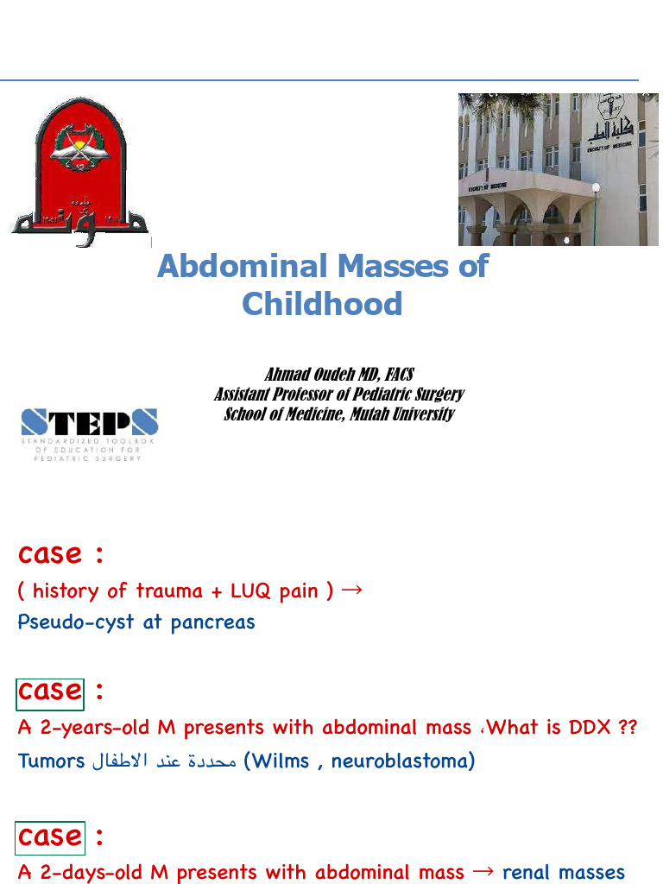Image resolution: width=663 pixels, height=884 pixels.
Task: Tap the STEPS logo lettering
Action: [x=90, y=422]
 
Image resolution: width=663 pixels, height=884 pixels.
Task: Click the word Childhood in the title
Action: [x=322, y=304]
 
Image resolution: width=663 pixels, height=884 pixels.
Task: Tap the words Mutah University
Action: [x=402, y=414]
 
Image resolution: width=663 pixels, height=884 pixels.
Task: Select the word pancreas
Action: [x=212, y=622]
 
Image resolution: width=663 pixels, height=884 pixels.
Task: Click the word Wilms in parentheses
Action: [x=281, y=761]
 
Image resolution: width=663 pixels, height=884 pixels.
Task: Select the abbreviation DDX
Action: [x=590, y=728]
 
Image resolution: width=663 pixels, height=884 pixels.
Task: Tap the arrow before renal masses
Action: [x=483, y=872]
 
